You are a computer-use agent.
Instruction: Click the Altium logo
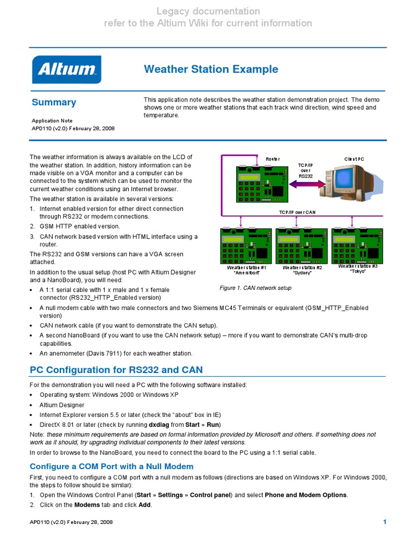[67, 69]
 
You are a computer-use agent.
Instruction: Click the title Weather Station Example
[211, 69]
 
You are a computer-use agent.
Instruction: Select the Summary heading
[54, 102]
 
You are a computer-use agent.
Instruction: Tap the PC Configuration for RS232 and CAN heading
[116, 370]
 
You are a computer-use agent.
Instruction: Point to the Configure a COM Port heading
[111, 466]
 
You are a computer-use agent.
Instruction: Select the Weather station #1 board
[246, 245]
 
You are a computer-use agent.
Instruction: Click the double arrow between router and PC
[307, 185]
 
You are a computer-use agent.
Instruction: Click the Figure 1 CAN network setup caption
[255, 288]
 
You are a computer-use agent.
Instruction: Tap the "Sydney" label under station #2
[302, 273]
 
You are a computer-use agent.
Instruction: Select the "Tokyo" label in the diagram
[357, 271]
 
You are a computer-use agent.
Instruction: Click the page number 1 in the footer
[384, 522]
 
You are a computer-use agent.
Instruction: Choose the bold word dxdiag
[159, 425]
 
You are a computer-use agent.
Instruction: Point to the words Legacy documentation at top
[208, 11]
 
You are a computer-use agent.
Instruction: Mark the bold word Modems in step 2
[86, 505]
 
